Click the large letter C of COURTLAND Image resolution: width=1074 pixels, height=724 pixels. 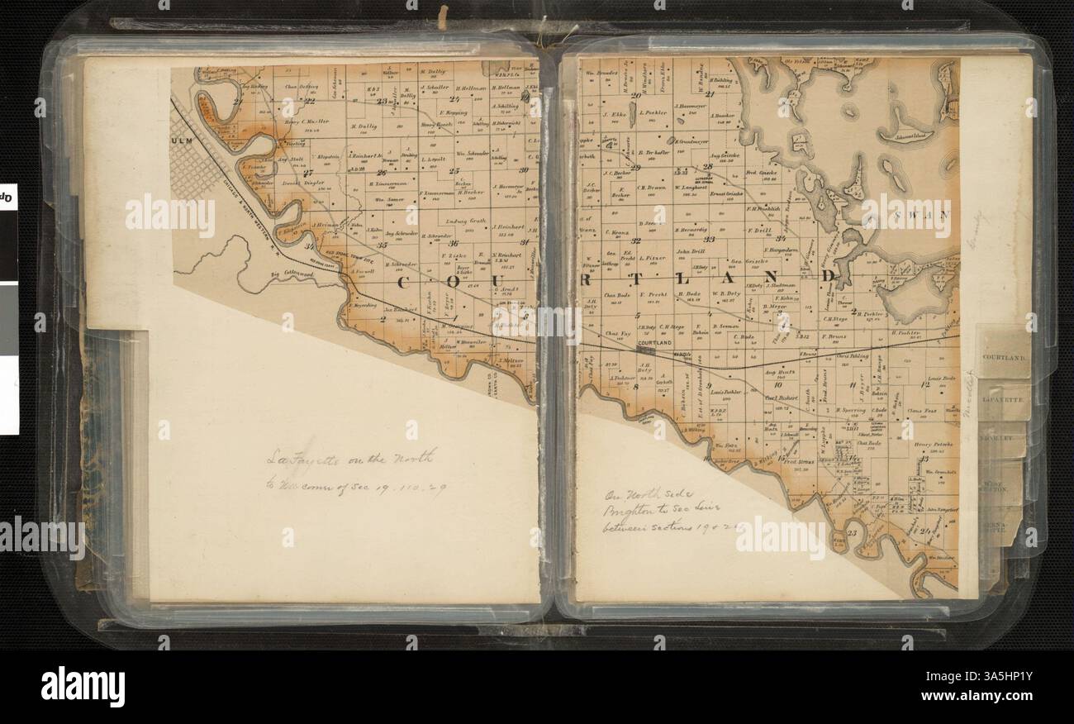pyautogui.click(x=408, y=283)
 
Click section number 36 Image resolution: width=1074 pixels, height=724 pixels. pyautogui.click(x=453, y=243)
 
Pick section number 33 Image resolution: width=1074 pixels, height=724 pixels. pyautogui.click(x=709, y=239)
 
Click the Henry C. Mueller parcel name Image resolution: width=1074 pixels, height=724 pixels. pyautogui.click(x=307, y=121)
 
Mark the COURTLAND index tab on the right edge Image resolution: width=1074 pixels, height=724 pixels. pyautogui.click(x=1003, y=359)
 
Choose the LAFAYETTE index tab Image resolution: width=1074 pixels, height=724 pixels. pyautogui.click(x=1003, y=399)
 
